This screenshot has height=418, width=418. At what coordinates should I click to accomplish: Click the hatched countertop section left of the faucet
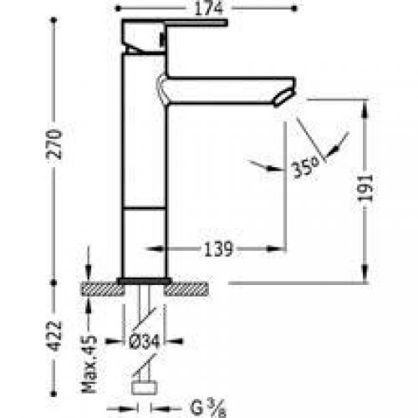[101, 289]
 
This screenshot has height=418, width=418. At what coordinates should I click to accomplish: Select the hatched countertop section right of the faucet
[188, 289]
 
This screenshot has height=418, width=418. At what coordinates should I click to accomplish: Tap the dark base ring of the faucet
[145, 280]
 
